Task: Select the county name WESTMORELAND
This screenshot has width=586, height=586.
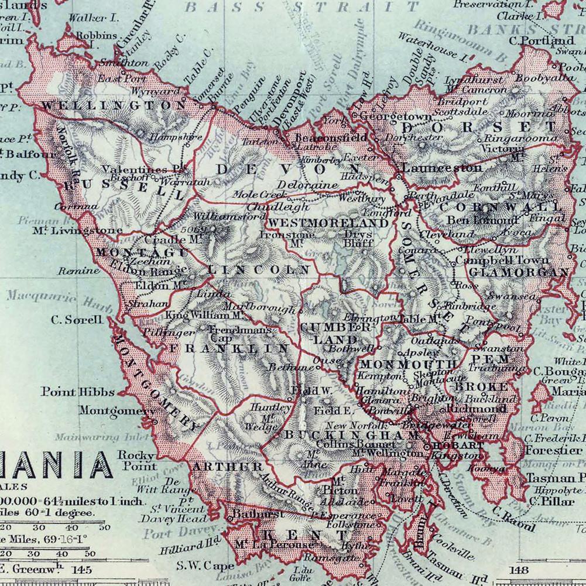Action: point(328,223)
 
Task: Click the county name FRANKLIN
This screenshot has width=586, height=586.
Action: point(229,348)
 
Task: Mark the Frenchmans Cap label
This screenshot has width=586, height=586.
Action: point(241,334)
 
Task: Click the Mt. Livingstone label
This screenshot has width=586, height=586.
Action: point(78,230)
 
